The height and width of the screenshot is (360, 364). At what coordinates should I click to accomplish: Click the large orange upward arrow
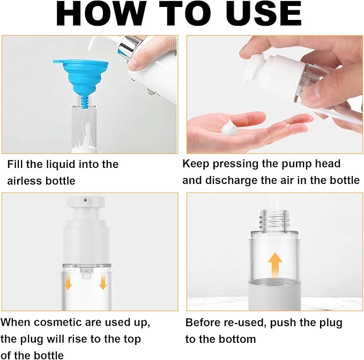point(275,265)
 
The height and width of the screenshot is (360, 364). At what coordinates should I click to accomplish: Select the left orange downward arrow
point(68,282)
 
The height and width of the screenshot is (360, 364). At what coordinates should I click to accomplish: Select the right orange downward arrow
point(103,282)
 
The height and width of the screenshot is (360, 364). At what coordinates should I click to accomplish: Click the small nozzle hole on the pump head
point(86,200)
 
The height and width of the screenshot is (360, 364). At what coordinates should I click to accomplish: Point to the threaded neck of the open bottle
point(274,220)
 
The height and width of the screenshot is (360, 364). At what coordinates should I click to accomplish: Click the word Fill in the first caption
point(15,164)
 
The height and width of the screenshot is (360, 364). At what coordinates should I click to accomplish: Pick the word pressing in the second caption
point(236,164)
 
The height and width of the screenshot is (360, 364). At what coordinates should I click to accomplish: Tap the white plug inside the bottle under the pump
point(86,271)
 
